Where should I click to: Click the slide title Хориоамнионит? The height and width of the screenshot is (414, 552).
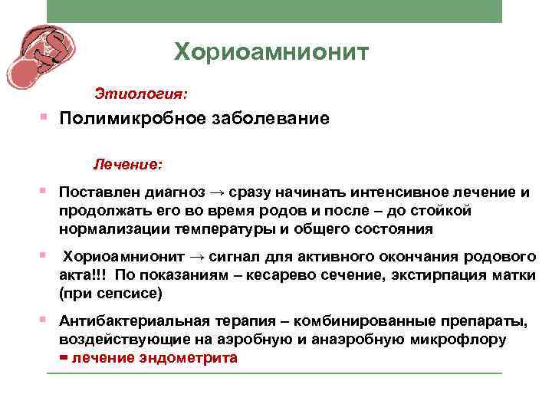[x=271, y=52]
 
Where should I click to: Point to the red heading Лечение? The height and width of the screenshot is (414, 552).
[x=127, y=164]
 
